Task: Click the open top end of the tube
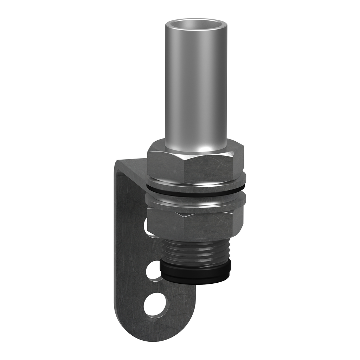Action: tap(196, 25)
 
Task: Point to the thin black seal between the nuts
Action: tap(195, 192)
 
